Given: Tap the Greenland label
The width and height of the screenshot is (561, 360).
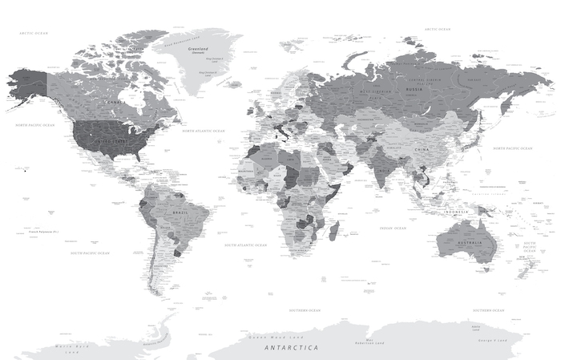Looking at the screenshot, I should [198, 50].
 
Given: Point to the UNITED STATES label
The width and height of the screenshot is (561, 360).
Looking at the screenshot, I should [112, 141].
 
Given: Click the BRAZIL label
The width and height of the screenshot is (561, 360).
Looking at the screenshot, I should [181, 212].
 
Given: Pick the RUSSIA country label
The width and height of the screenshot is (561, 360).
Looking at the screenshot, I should [414, 89].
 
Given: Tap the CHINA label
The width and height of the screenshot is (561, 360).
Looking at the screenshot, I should [422, 150].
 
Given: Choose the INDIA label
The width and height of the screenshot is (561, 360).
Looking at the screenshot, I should [384, 171].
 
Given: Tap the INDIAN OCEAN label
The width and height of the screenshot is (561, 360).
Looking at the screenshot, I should [393, 229].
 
